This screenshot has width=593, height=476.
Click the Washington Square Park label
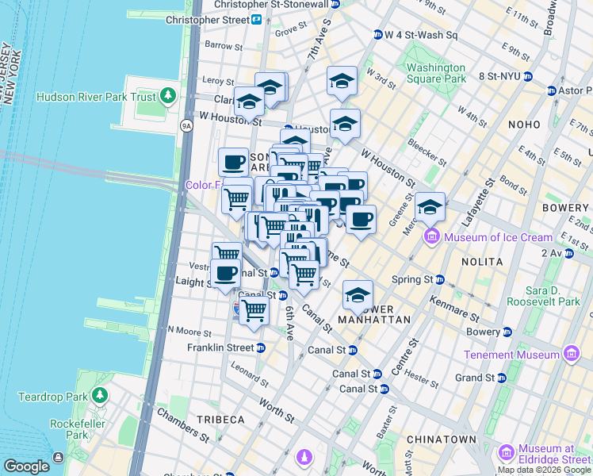pos(436,73)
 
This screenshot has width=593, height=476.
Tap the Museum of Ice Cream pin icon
pos(432,236)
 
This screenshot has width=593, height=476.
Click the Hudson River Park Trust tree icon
pos(167,97)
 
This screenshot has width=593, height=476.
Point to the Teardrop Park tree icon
pos(99,394)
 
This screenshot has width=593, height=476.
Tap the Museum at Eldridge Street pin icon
pos(505,453)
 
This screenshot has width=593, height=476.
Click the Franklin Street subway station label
pos(220,347)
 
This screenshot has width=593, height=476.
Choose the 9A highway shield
pos(186,125)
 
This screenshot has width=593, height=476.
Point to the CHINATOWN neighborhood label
pos(441,439)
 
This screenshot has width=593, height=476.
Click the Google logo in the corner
pos(26,466)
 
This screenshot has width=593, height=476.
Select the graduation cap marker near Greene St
pos(430,208)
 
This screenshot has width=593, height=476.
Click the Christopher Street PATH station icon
pos(257,19)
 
